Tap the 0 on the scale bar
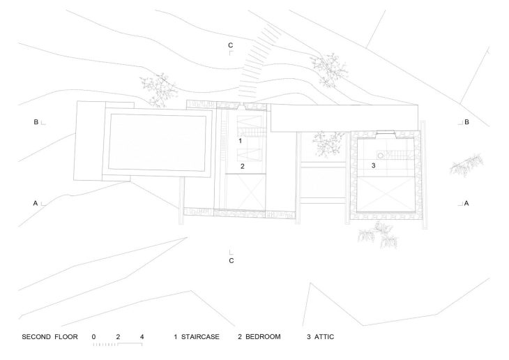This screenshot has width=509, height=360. [x=94, y=337]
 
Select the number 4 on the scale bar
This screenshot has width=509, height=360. [x=142, y=337]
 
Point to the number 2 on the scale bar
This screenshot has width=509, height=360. [x=118, y=337]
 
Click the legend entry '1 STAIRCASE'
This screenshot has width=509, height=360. [x=197, y=337]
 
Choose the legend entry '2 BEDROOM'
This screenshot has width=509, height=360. [x=259, y=337]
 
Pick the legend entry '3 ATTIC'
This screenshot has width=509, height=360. [x=321, y=337]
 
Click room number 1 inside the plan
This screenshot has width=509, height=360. [x=240, y=140]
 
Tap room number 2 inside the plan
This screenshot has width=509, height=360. [x=242, y=166]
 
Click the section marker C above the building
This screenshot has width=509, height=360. [x=230, y=46]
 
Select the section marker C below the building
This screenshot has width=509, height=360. [x=231, y=260]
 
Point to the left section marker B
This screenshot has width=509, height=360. [x=36, y=122]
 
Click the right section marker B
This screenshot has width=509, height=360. [x=466, y=122]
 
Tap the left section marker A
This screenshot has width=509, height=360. [x=35, y=203]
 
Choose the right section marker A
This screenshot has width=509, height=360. [x=466, y=203]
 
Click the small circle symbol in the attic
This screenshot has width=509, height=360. [x=381, y=156]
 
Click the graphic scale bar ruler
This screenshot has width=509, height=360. [x=118, y=345]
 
